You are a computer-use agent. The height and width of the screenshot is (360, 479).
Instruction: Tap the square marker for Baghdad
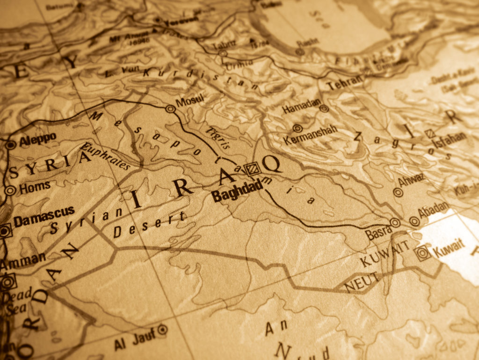point(253,168)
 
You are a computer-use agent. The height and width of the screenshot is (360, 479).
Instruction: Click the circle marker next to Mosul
point(170,109)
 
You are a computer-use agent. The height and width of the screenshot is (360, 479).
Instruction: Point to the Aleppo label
point(38,138)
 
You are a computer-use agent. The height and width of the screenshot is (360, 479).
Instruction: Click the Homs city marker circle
point(10,191)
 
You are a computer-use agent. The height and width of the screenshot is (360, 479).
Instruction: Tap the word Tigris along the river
point(218,137)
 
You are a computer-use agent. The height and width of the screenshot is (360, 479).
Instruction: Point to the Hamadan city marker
point(324,109)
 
